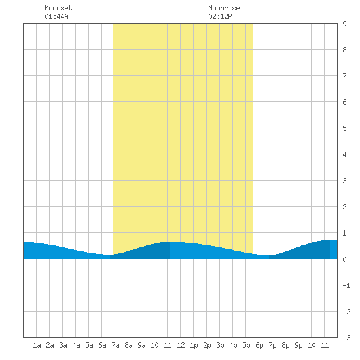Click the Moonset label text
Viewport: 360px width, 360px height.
tap(58, 8)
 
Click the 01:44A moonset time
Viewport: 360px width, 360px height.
tap(56, 16)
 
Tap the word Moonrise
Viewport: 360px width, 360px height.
tap(224, 8)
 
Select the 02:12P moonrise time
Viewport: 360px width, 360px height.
tap(220, 16)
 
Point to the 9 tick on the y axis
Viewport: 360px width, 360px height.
tap(344, 24)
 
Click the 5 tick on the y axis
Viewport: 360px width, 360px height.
tap(344, 128)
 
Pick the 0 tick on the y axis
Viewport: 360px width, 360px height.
tap(344, 259)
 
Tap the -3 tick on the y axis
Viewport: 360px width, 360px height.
tap(346, 338)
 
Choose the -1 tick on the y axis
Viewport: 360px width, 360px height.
tap(346, 285)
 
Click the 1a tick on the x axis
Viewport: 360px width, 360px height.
tap(37, 345)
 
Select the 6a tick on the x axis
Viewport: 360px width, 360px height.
tap(102, 345)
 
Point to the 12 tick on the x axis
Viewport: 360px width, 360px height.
tap(181, 345)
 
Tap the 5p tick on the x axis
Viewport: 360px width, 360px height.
tap(246, 345)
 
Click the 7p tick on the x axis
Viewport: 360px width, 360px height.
tap(272, 345)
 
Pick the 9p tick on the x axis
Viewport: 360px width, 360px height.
tap(298, 345)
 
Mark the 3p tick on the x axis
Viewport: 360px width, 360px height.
tap(220, 345)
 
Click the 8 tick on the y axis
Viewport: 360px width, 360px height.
tap(344, 50)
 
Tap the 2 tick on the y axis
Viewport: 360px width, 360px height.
tap(344, 207)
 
